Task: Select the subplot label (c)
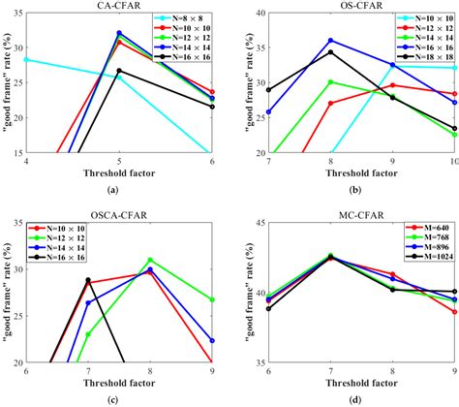[x=118, y=399]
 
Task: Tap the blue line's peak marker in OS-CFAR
[x=330, y=40]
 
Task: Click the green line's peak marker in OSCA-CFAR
[x=150, y=260]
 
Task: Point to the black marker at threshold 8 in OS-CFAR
[x=330, y=52]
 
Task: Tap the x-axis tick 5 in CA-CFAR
[x=118, y=162]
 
